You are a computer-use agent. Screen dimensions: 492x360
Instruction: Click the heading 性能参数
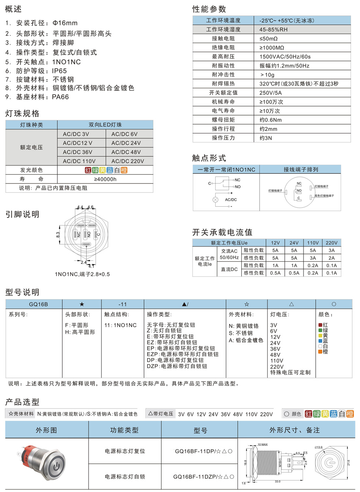pos(209,9)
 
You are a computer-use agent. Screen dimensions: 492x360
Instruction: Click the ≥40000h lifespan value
pos(105,179)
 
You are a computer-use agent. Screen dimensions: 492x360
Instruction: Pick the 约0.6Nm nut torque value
pos(271,120)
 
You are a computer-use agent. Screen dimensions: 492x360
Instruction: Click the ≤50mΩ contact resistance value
pos(268,38)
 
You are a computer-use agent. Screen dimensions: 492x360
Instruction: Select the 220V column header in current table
pos(332,242)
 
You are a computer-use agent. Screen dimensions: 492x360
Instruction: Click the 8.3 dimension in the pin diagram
pos(58,234)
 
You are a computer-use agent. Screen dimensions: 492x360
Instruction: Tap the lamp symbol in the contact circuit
pos(216,200)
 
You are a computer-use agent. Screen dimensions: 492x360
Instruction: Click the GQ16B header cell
pos(34,304)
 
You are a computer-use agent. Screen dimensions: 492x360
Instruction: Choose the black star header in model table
pos(81,304)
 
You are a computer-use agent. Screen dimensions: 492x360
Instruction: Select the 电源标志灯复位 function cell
pos(125,451)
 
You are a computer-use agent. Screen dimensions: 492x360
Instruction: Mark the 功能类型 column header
pos(124,430)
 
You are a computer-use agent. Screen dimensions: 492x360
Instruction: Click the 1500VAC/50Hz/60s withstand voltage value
pos(285,57)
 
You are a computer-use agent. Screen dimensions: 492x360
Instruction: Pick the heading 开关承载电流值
pos(222,232)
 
